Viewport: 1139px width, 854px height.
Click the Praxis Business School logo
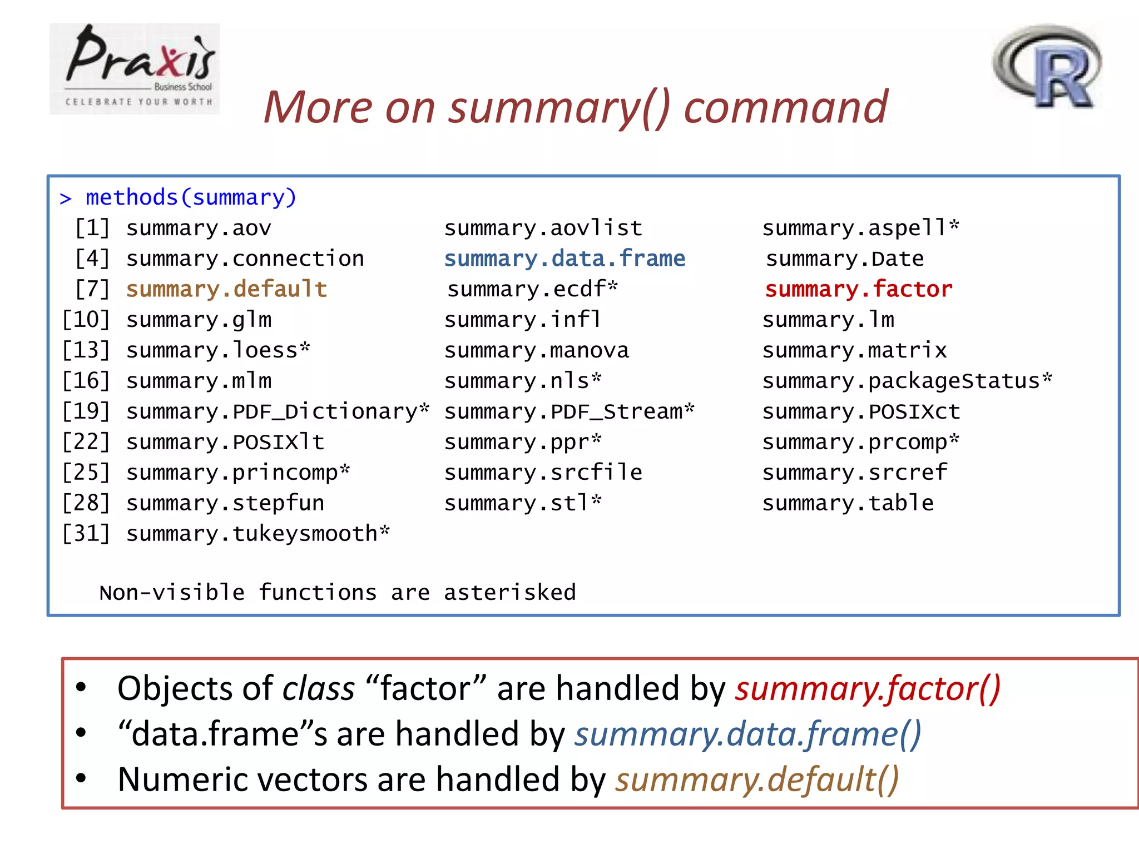(135, 68)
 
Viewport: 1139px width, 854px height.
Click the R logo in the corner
(1047, 67)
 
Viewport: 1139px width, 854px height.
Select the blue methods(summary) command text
(191, 198)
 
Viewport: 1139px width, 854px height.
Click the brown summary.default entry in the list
(226, 290)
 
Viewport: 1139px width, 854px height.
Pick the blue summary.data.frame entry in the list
(564, 259)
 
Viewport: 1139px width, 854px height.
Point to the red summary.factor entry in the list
(858, 290)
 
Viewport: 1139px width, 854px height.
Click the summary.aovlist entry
(543, 229)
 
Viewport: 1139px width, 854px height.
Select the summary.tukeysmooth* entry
(258, 534)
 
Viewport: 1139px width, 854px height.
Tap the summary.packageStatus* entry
(907, 381)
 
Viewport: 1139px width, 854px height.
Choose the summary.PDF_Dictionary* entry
(278, 412)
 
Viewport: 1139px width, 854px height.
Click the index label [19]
(86, 412)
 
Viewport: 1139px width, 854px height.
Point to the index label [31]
(86, 534)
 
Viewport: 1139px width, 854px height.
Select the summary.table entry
(848, 504)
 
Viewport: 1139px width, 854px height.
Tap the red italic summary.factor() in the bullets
(868, 689)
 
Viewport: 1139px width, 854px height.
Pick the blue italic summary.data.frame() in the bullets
(748, 734)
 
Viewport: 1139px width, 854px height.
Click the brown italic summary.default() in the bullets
(757, 779)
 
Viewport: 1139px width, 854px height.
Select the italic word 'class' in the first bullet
(319, 689)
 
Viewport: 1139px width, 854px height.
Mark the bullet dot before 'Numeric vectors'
(81, 778)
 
